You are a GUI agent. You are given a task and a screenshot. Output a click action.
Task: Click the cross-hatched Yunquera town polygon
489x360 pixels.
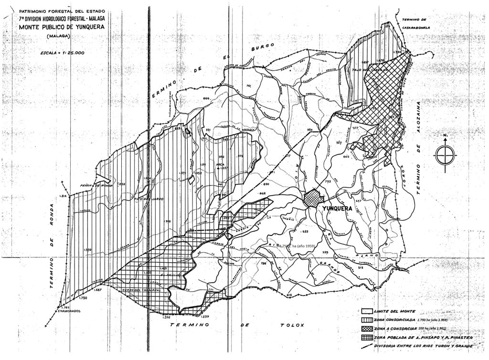pyautogui.click(x=313, y=198)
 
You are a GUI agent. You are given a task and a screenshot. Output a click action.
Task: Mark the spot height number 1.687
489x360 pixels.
pyautogui.click(x=99, y=290)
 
